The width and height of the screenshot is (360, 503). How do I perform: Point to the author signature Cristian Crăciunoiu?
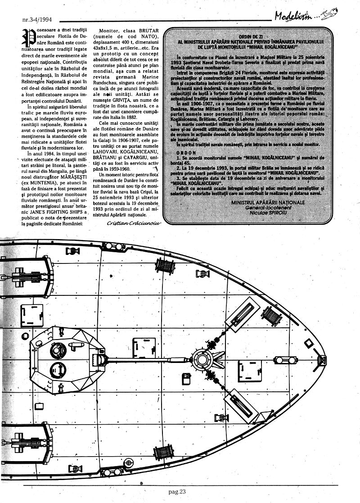(x=134, y=223)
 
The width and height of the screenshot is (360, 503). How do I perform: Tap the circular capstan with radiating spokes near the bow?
(x=202, y=358)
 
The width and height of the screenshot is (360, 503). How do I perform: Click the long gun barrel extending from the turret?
(x=148, y=358)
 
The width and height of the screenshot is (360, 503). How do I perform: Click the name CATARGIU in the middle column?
(x=135, y=159)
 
